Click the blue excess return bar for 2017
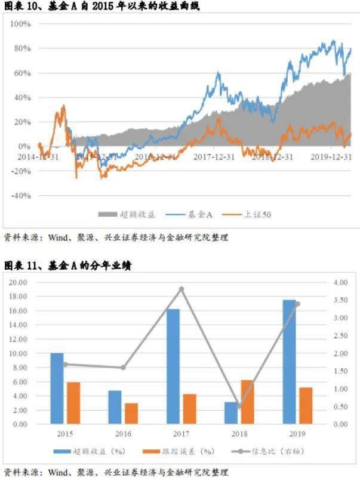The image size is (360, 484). click(x=173, y=366)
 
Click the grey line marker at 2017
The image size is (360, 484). click(x=181, y=289)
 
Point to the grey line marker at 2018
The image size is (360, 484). click(x=239, y=406)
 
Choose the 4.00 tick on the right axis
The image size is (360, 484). click(x=339, y=282)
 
